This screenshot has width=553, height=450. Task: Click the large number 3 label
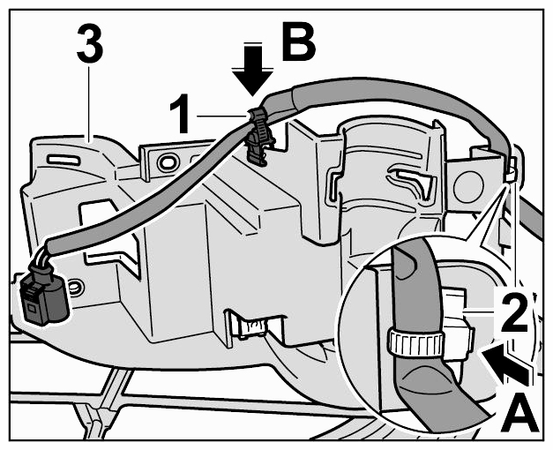point(90,44)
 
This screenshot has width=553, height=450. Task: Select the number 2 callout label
point(514,311)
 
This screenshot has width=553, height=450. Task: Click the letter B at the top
point(298,41)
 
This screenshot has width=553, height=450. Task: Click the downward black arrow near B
point(252,70)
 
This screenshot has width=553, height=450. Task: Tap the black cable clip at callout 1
point(260,137)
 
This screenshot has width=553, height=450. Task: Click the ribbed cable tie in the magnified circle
point(415,342)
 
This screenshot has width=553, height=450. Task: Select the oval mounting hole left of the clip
point(167,162)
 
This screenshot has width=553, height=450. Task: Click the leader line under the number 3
point(88,103)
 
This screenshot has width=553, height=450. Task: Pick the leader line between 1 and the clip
point(222,116)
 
